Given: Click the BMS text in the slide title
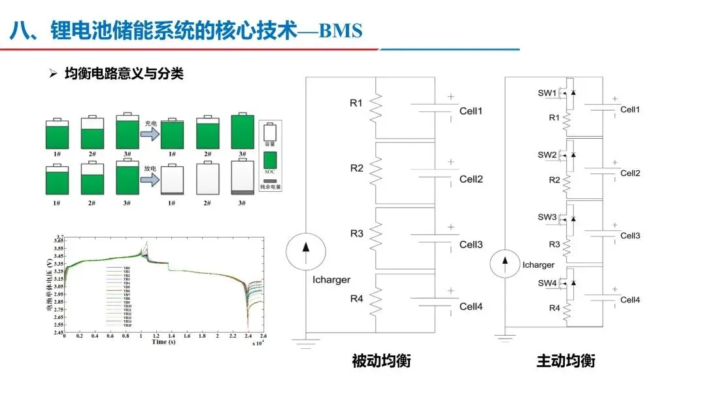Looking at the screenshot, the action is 339,31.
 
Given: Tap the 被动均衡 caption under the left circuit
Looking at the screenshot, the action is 380,361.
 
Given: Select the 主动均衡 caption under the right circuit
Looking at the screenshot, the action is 566,361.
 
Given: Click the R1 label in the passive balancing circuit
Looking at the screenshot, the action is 356,102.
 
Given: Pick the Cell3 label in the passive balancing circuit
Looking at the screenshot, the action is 471,244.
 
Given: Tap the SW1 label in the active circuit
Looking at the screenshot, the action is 547,93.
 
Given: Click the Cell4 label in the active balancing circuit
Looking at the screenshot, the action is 630,300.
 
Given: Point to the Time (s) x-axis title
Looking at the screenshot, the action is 163,342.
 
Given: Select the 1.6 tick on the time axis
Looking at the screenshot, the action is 186,335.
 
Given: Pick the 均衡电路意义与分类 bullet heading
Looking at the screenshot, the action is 124,74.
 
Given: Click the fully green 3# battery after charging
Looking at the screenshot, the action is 242,133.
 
